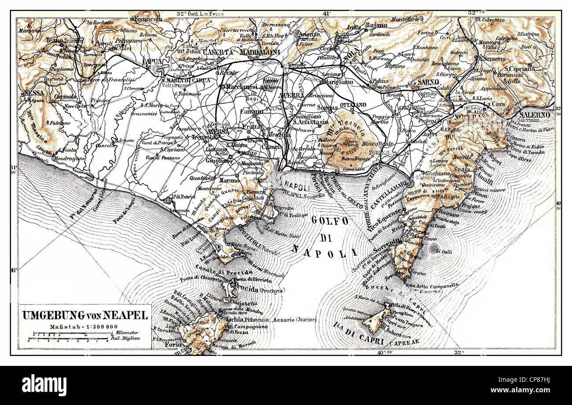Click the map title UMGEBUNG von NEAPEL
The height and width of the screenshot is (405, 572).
(x=85, y=315)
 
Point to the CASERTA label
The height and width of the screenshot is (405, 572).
(x=205, y=52)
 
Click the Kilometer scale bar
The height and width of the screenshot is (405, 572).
(x=68, y=338)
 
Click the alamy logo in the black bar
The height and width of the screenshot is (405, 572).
(x=44, y=385)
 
